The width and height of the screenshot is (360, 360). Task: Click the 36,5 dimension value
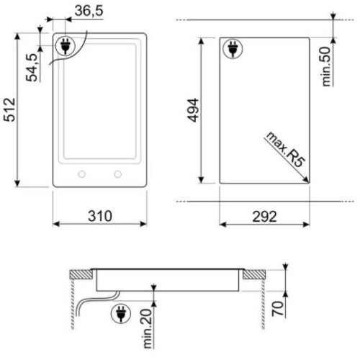89,11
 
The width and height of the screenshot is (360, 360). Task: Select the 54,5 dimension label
32,68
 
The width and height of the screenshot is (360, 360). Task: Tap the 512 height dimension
9,109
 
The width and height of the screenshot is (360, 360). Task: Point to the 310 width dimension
100,216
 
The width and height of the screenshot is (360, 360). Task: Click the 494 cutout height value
193,110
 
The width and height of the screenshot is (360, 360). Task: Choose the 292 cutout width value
264,217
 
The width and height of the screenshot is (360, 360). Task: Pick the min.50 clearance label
326,66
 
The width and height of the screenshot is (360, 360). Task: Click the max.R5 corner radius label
285,149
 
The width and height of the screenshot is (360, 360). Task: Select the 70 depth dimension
278,309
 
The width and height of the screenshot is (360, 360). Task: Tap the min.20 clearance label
148,328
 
